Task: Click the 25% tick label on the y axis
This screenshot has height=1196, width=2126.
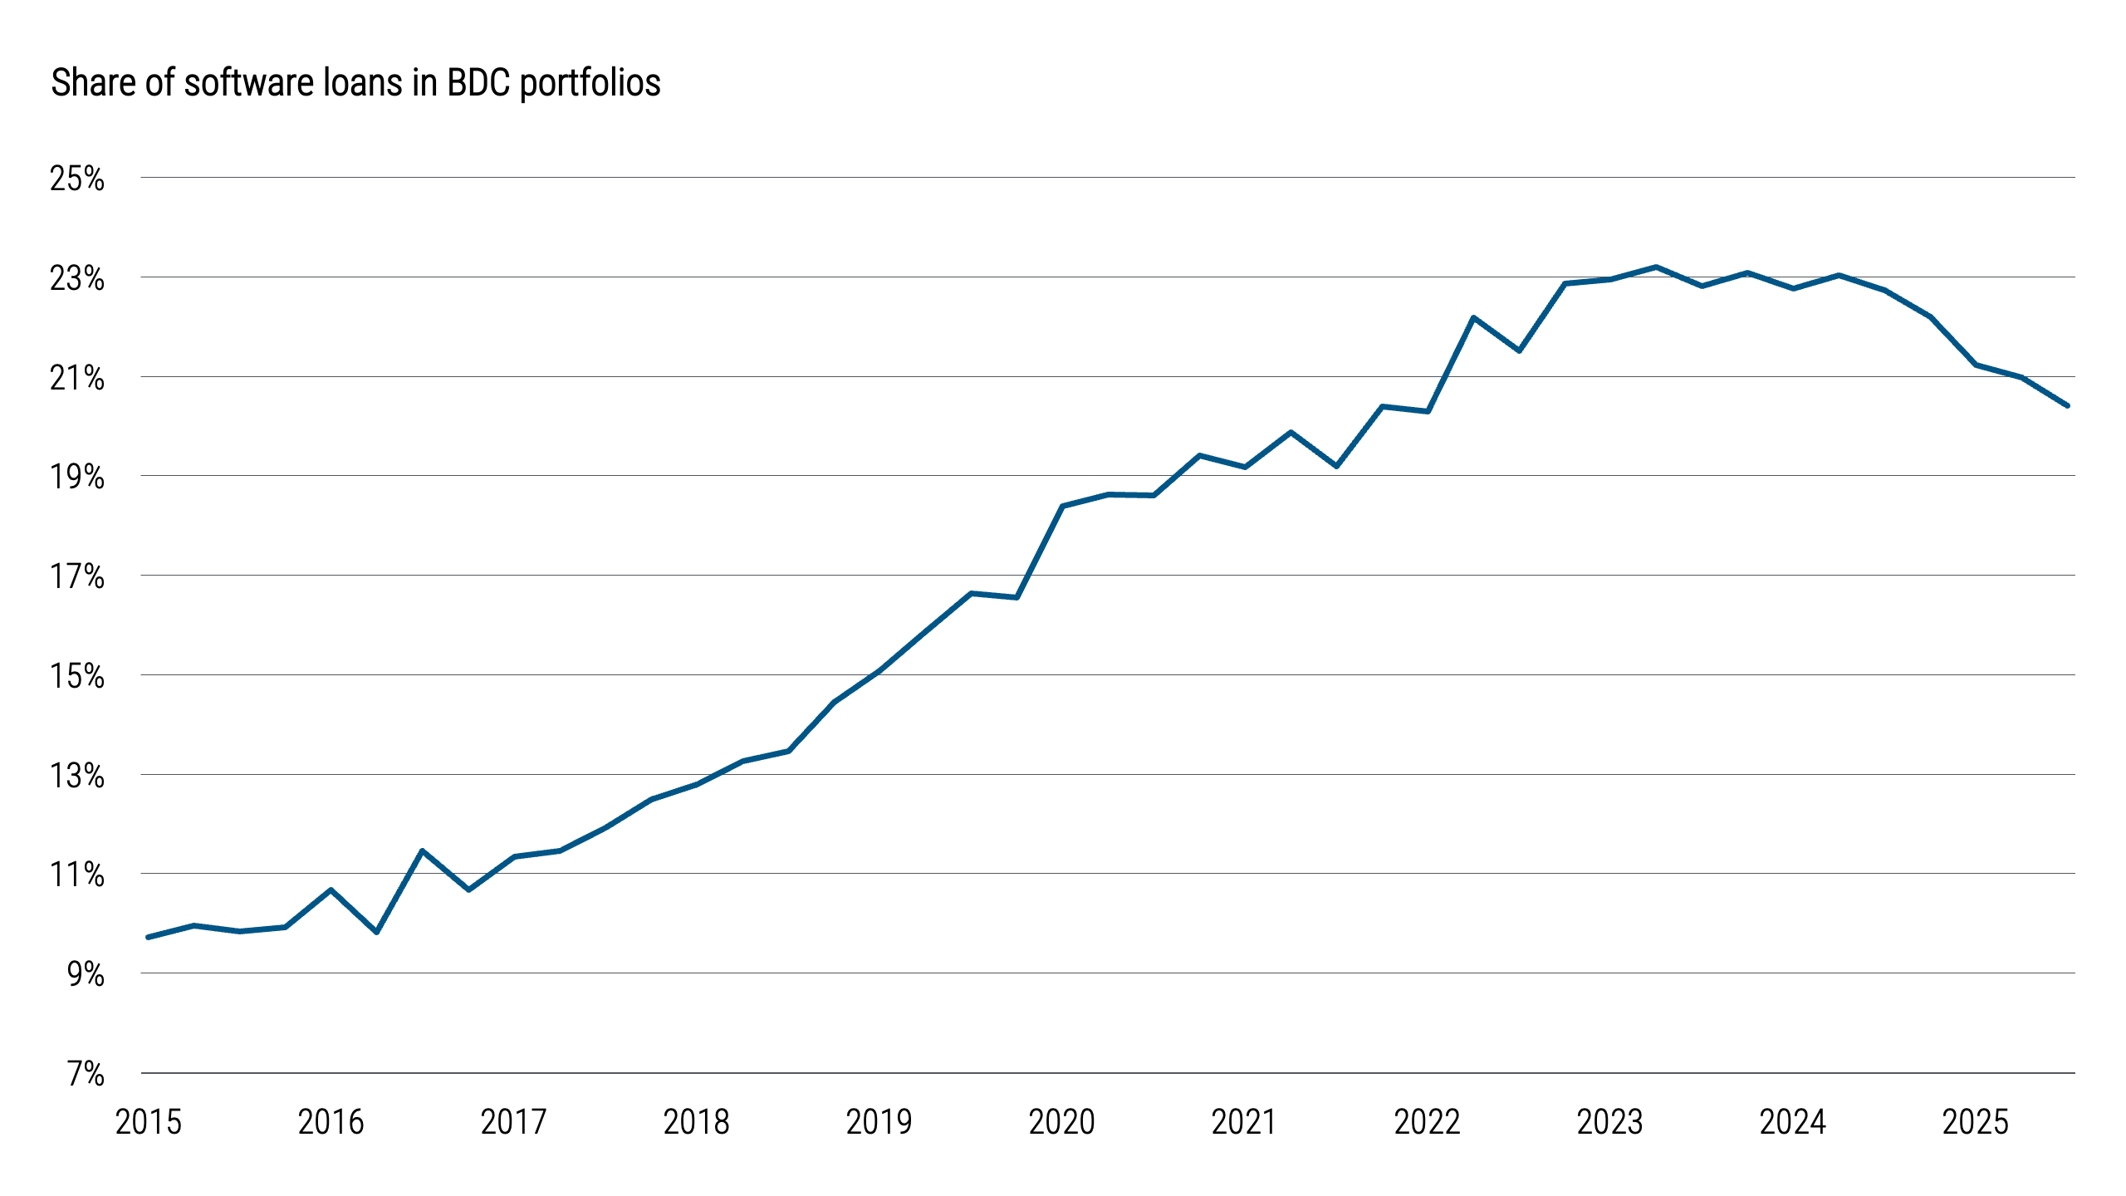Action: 77,179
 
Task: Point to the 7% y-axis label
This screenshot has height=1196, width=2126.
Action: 86,1074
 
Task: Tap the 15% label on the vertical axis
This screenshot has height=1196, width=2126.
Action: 77,676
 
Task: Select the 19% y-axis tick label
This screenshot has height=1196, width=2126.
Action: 77,477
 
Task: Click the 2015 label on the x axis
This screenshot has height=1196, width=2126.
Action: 148,1122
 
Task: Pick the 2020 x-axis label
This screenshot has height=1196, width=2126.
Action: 1061,1122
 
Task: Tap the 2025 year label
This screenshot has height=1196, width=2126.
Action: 1975,1122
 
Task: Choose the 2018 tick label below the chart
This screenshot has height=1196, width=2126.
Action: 696,1122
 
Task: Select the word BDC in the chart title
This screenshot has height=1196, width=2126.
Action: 478,83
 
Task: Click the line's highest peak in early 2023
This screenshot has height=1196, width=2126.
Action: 1656,267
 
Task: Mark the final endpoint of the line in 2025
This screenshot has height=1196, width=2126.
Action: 2067,405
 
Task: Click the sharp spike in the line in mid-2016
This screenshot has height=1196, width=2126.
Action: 422,850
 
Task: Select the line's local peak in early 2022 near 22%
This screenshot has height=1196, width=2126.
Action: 1473,317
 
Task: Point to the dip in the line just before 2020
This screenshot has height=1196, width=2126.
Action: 1016,597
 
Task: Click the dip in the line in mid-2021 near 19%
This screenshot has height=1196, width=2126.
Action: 1336,466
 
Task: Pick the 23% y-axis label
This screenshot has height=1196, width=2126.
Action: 77,278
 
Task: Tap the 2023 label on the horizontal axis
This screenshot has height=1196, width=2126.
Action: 1609,1122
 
